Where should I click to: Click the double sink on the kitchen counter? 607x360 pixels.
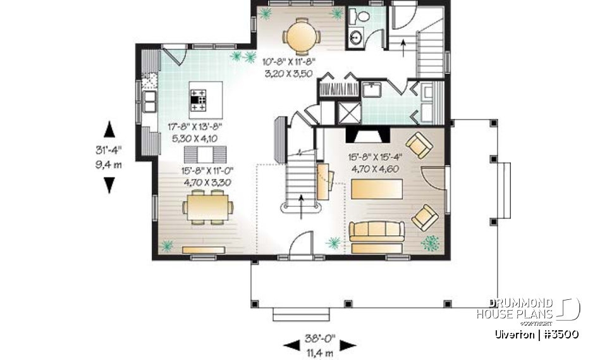click(149, 100)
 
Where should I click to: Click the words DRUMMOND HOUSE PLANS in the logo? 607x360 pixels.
click(515, 308)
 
